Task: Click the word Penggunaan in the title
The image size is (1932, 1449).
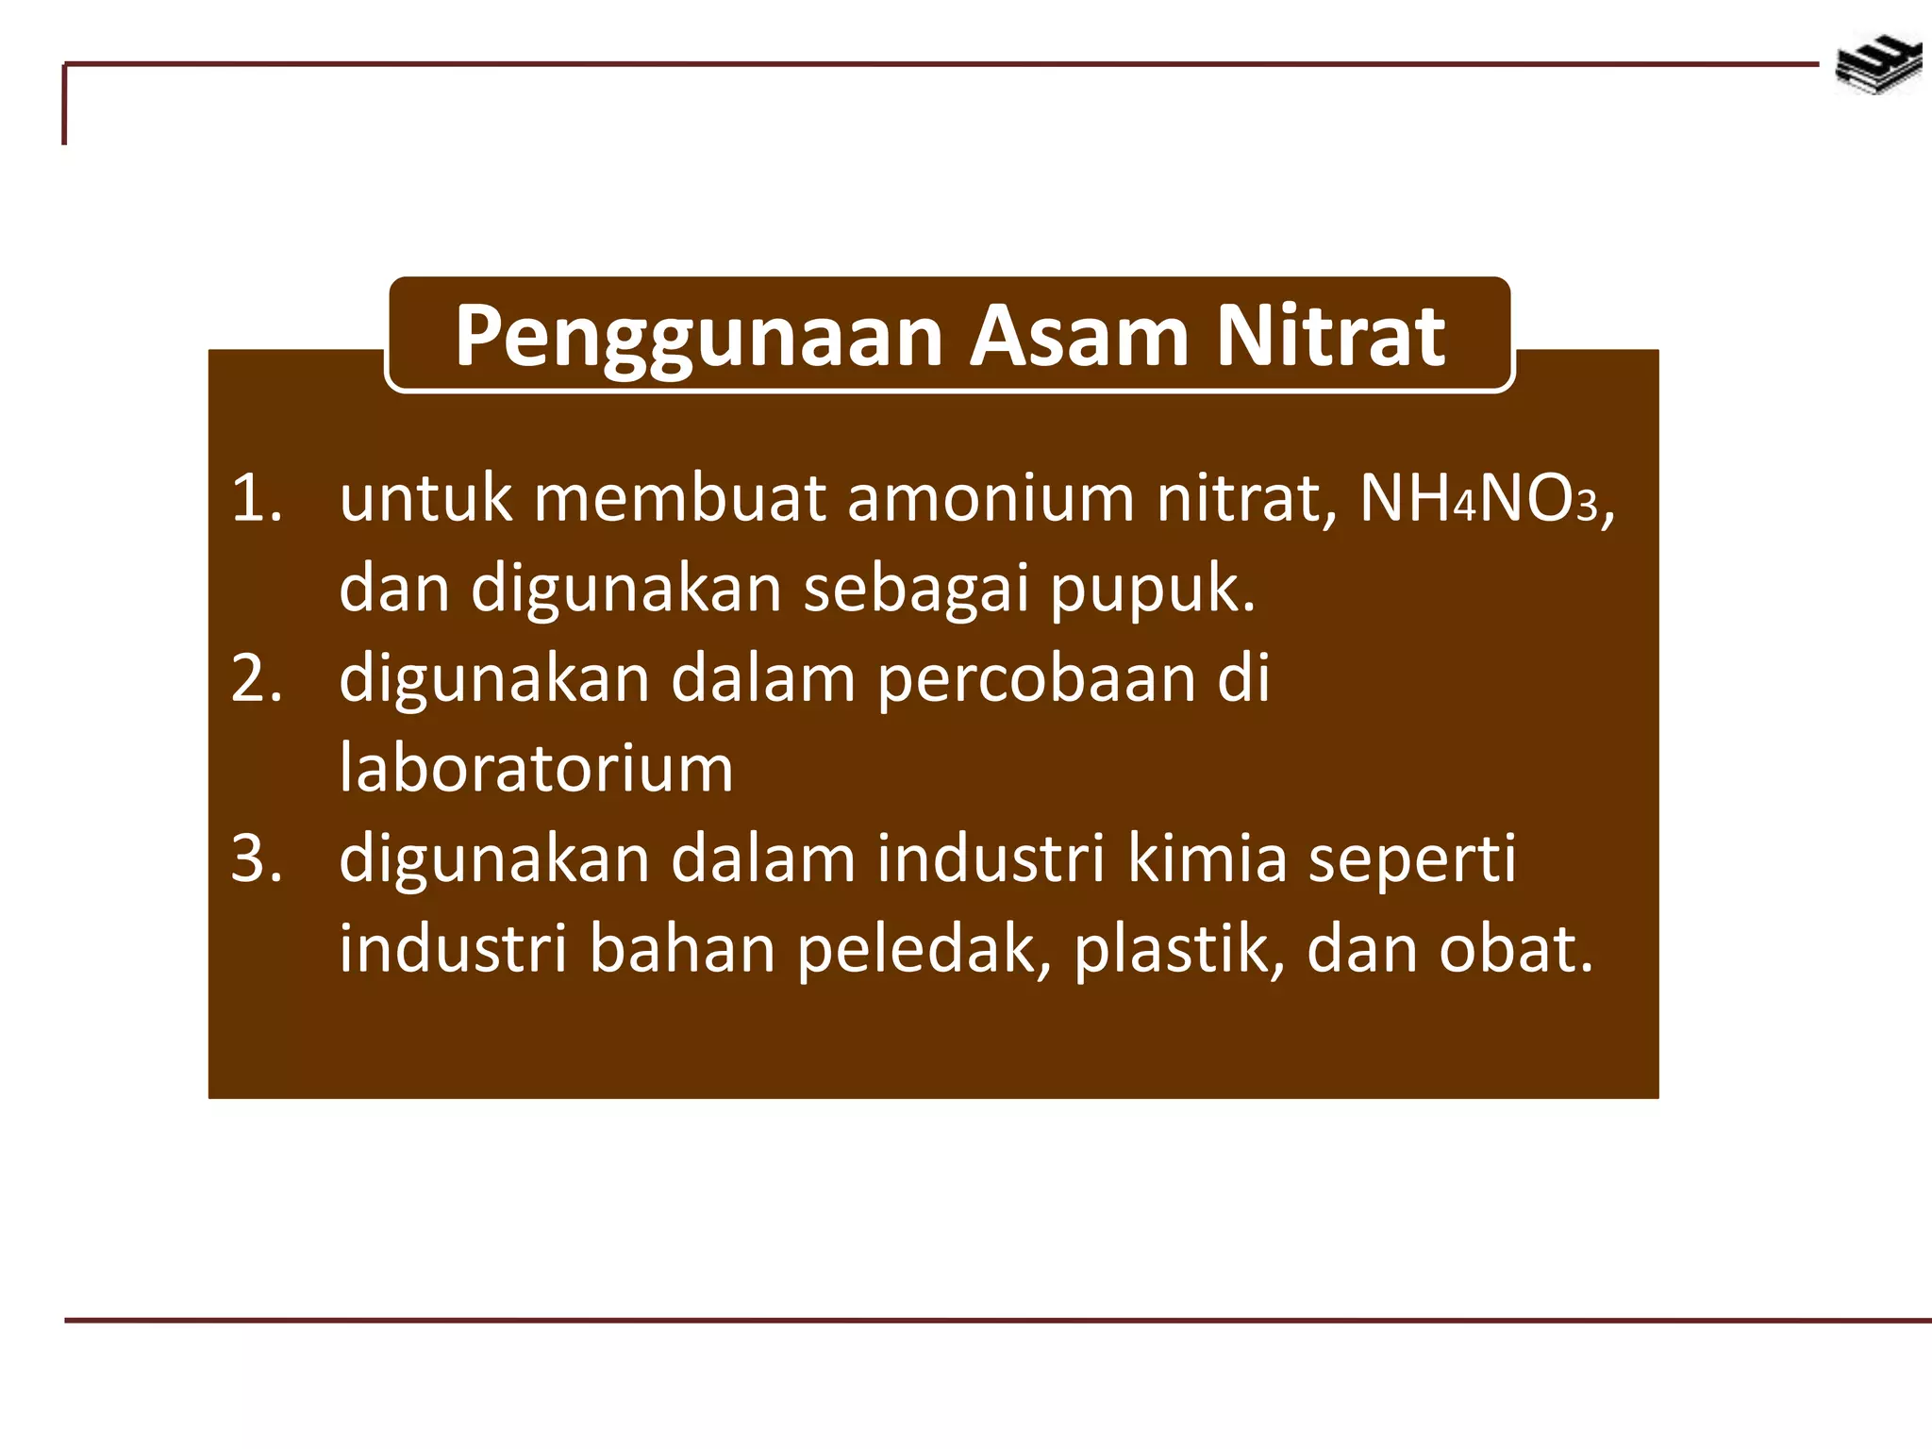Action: [x=698, y=338]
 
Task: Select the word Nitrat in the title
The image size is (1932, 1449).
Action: [x=1330, y=336]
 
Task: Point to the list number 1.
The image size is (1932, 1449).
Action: [x=256, y=498]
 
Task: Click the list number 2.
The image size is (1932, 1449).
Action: [x=256, y=678]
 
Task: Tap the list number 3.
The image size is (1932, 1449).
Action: [x=256, y=858]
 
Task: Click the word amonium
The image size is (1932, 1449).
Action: [x=991, y=498]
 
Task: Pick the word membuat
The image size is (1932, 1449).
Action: [x=679, y=498]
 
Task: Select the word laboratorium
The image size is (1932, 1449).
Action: [x=536, y=768]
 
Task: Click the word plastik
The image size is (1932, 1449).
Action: [x=1178, y=949]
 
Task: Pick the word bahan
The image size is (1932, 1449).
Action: [x=681, y=949]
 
